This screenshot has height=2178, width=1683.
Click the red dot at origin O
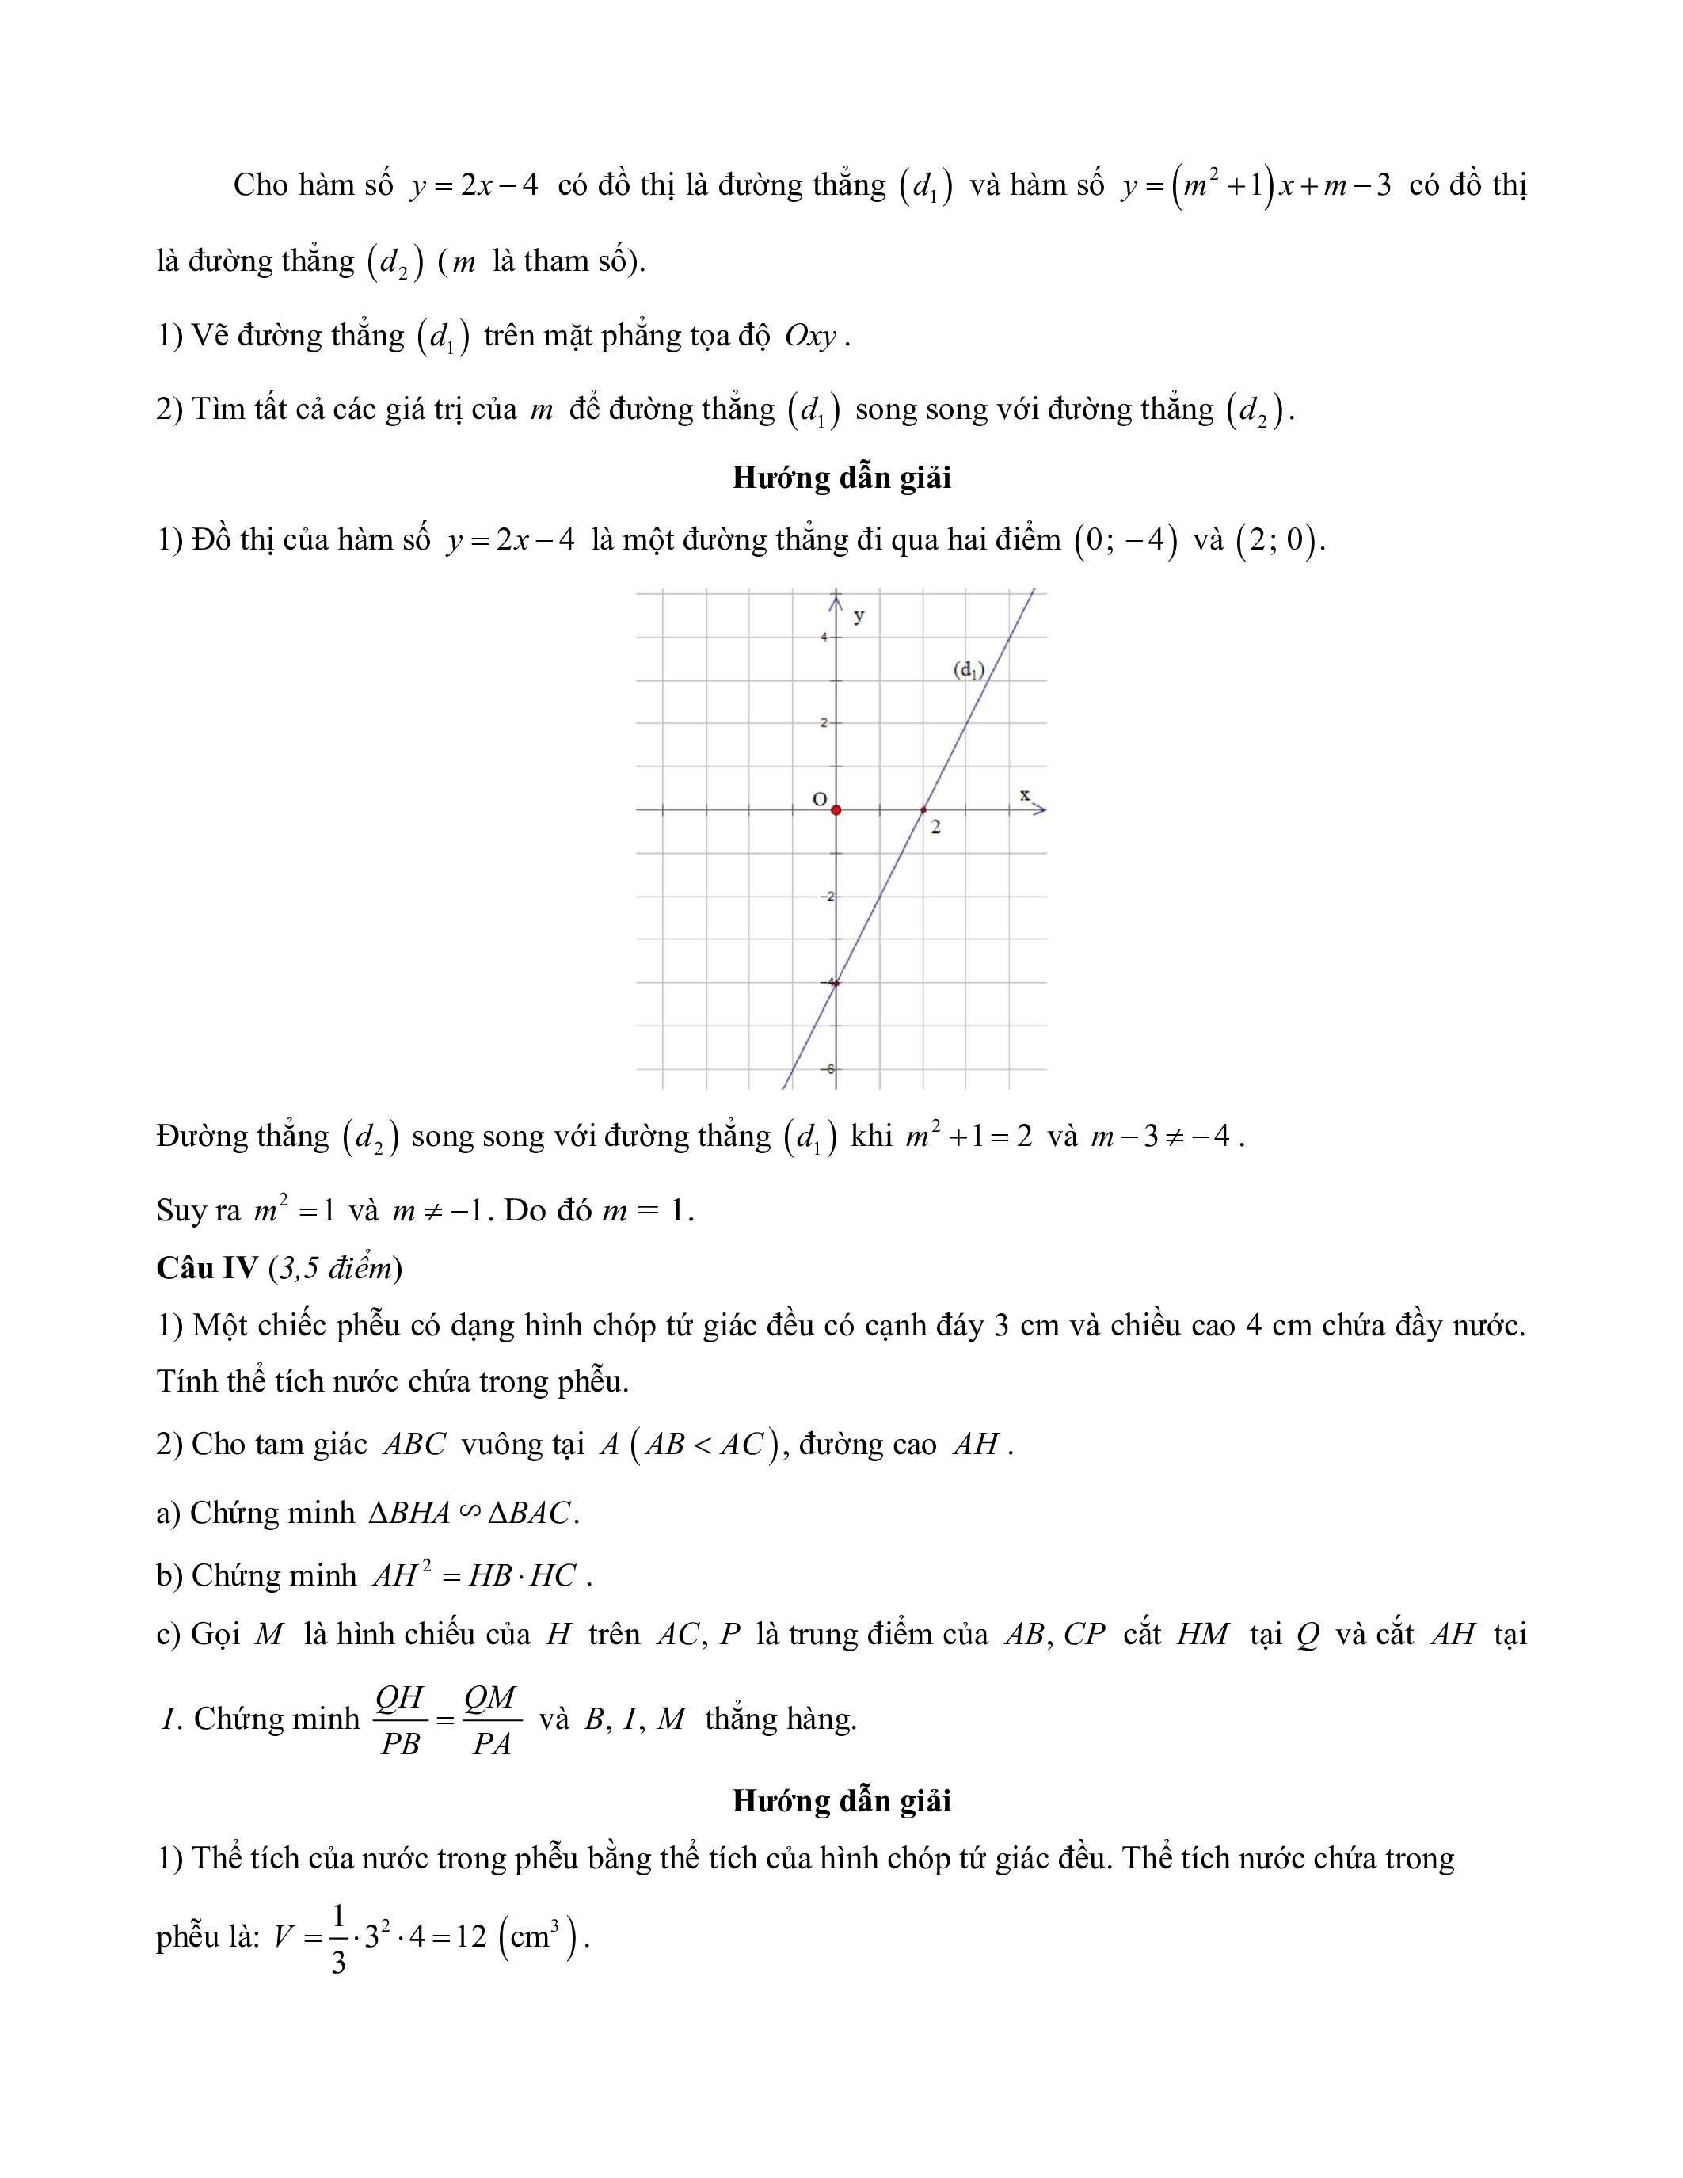(x=836, y=809)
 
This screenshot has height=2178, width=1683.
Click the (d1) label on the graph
(x=968, y=669)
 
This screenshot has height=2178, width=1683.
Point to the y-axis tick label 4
(x=824, y=636)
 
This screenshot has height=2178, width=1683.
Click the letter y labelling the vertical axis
(x=859, y=616)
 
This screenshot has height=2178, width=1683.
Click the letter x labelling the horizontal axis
(x=1024, y=795)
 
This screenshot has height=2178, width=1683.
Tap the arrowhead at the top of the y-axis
(x=836, y=600)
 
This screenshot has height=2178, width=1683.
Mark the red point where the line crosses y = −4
(x=836, y=984)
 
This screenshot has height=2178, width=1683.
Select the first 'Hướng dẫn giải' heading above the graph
(x=841, y=478)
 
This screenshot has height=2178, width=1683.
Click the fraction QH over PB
(x=400, y=1720)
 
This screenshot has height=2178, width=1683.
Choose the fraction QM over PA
(x=490, y=1720)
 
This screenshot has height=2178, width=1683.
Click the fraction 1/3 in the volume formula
(x=338, y=1938)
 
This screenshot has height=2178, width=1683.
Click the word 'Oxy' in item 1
(x=809, y=336)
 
